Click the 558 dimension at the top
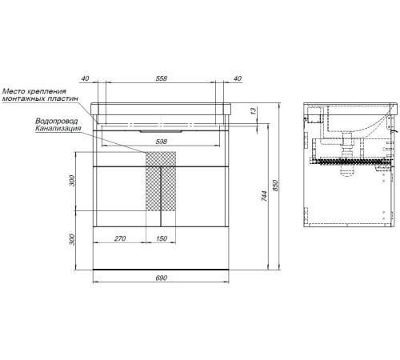pos(161,78)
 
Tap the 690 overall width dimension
pos(161,278)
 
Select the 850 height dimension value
pos(275,186)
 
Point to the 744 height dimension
pos(264,196)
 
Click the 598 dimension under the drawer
pos(161,142)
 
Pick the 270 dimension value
pos(120,238)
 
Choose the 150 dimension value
pos(162,238)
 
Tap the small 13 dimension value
pos(254,110)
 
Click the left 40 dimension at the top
pos(85,78)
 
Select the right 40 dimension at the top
pos(237,78)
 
